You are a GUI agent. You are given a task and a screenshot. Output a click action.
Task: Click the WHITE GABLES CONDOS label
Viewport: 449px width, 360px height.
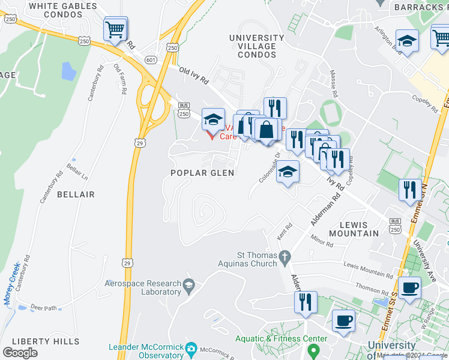(x=63, y=10)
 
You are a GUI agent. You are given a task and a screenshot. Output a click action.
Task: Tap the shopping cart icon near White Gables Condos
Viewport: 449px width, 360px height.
(x=115, y=28)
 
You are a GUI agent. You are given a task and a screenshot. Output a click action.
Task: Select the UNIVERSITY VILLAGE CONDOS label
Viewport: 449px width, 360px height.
(x=252, y=46)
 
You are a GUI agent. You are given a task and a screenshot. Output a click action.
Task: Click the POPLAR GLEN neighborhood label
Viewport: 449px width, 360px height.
(x=202, y=173)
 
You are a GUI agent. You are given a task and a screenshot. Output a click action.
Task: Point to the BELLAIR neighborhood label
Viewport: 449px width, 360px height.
(x=76, y=195)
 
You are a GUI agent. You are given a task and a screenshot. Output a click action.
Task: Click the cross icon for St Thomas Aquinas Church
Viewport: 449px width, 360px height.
(x=286, y=257)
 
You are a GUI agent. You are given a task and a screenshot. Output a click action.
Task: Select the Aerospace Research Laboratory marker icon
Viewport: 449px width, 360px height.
(x=190, y=284)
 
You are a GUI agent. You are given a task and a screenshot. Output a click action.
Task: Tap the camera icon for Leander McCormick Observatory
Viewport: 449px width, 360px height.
(x=191, y=348)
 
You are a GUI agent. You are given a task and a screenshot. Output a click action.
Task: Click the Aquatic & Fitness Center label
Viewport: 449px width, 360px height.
(x=282, y=338)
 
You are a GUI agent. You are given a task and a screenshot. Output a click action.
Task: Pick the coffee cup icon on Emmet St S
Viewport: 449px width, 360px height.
(x=409, y=287)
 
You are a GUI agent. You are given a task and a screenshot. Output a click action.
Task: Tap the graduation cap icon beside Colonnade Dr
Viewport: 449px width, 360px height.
(x=288, y=172)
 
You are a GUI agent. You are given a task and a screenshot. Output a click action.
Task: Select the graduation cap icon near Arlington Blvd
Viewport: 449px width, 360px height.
(x=407, y=41)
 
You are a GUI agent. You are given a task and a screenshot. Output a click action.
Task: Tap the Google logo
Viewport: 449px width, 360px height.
(x=20, y=352)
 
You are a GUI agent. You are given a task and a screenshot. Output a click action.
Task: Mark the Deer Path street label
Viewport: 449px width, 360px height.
(x=43, y=307)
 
